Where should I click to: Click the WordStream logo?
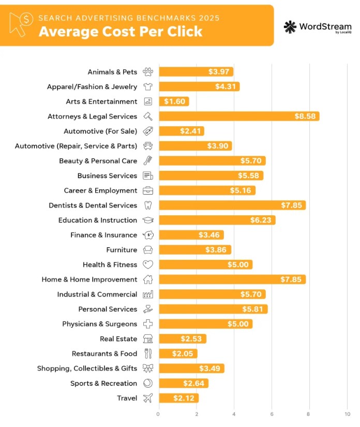[317, 27]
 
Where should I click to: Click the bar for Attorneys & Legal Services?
[239, 116]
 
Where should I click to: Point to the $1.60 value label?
[174, 101]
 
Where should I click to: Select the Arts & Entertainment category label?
[101, 101]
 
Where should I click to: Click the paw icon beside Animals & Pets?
[148, 72]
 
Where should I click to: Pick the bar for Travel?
[178, 398]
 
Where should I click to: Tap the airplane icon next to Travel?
[148, 398]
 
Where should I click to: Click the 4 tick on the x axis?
[234, 414]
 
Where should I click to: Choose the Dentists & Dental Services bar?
[232, 205]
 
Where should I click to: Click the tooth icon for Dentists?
[148, 205]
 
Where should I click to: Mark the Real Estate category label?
[118, 339]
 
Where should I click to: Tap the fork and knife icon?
[148, 354]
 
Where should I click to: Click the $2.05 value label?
[182, 354]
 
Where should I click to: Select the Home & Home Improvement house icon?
[148, 279]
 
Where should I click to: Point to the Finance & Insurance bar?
[191, 235]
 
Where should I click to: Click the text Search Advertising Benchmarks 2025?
[129, 18]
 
